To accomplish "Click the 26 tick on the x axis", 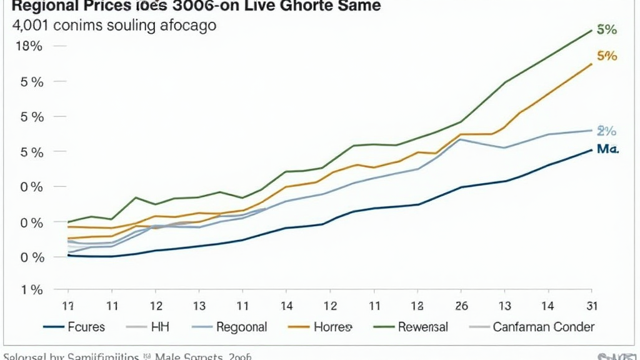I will pyautogui.click(x=461, y=306).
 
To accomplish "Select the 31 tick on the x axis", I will pyautogui.click(x=591, y=306).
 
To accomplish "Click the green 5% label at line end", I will pyautogui.click(x=606, y=29).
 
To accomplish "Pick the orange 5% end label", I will pyautogui.click(x=606, y=56).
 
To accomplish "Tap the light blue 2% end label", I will pyautogui.click(x=606, y=131).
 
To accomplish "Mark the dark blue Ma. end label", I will pyautogui.click(x=606, y=150).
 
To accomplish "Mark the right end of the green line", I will pyautogui.click(x=591, y=30).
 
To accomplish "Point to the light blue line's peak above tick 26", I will pyautogui.click(x=461, y=139).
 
